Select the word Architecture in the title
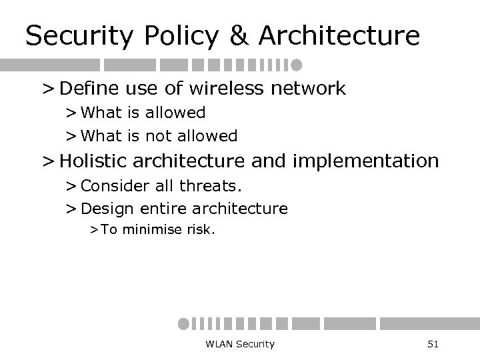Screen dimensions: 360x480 pyautogui.click(x=337, y=35)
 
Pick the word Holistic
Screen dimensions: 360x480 pyautogui.click(x=101, y=161)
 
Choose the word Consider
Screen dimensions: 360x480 pyautogui.click(x=110, y=185)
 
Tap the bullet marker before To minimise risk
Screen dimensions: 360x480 pyautogui.click(x=95, y=231)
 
